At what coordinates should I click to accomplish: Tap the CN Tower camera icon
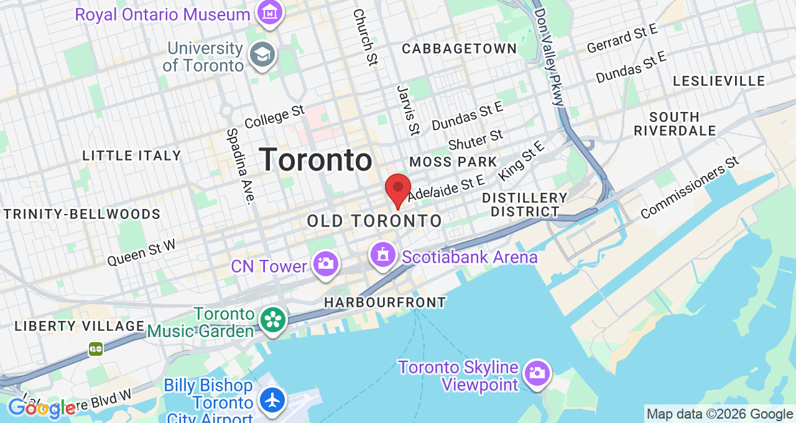pos(325,264)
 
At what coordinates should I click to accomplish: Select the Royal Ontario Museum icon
pos(271,12)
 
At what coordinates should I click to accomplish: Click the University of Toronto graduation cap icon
pos(262,55)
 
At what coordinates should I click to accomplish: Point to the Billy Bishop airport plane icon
pos(272,399)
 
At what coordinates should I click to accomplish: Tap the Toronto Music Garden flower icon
pos(273,320)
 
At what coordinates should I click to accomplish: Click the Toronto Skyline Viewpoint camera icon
pos(535,373)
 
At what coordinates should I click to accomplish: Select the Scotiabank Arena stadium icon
pos(382,255)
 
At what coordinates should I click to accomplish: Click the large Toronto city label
pos(315,160)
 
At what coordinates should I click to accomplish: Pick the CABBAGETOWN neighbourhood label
pos(460,49)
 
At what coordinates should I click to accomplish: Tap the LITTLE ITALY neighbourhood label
pos(132,156)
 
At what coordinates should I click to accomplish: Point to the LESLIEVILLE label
pos(719,81)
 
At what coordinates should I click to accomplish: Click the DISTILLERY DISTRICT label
pos(525,205)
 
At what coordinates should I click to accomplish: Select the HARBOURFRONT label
pos(385,302)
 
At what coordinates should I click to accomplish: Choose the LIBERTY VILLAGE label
pos(80,326)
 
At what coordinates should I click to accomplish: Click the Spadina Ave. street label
pos(241,166)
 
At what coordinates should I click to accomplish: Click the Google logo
pos(42,408)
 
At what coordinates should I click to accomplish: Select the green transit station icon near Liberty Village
pos(96,348)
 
